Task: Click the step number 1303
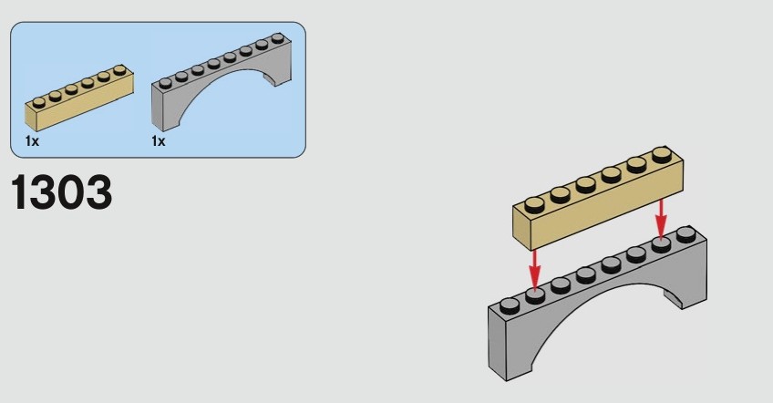(61, 191)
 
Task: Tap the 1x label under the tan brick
(32, 141)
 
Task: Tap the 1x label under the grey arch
(159, 141)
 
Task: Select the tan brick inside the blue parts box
(79, 98)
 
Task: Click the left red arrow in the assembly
(534, 269)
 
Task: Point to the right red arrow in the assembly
(661, 219)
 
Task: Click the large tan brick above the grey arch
(598, 198)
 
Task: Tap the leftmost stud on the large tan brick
(534, 205)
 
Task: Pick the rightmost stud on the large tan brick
(662, 155)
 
